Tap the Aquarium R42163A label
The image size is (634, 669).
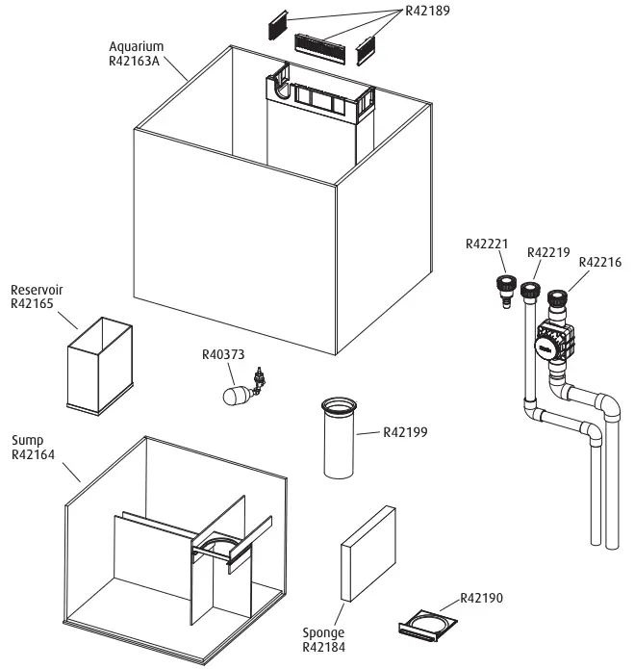pyautogui.click(x=136, y=54)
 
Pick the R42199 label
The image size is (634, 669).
pyautogui.click(x=405, y=432)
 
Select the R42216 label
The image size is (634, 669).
pyautogui.click(x=599, y=261)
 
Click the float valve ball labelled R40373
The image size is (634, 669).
pyautogui.click(x=236, y=395)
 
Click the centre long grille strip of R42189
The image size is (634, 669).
pyautogui.click(x=325, y=42)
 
